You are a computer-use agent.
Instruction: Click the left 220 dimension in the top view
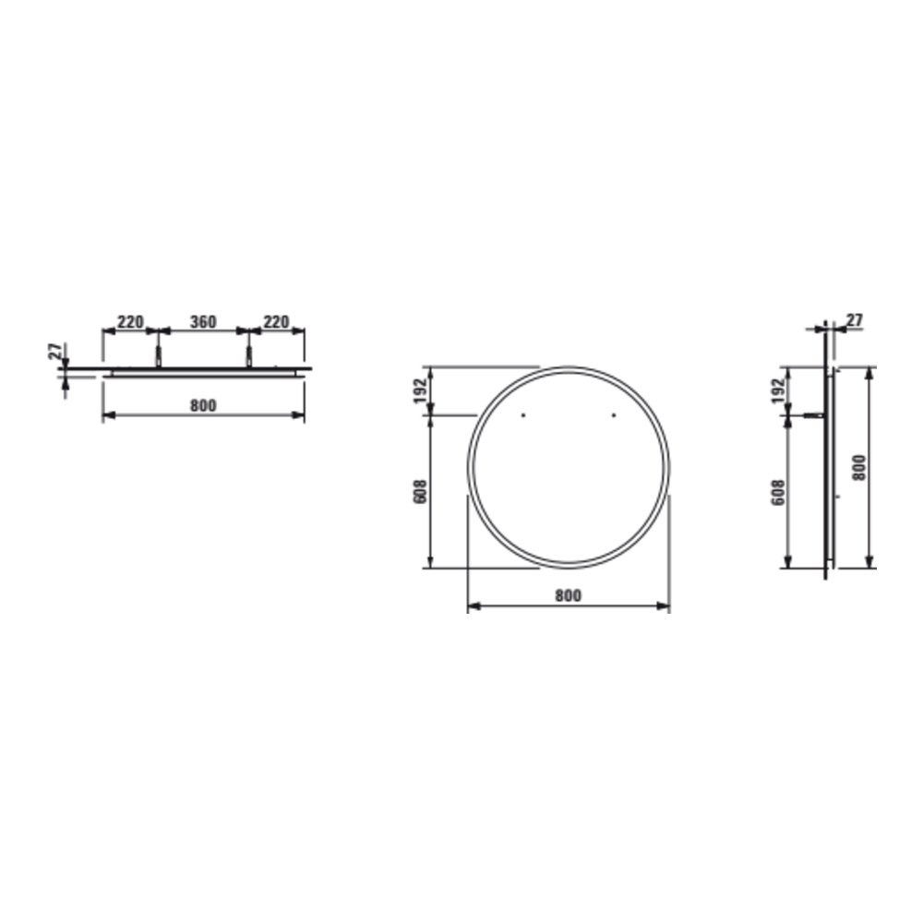tap(130, 322)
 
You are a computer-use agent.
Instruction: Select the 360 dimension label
tap(203, 322)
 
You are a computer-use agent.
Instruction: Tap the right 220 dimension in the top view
tap(275, 322)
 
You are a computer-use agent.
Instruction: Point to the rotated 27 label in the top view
tap(54, 352)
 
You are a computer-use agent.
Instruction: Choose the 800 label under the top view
tap(203, 405)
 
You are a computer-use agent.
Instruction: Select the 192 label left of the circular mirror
tap(420, 390)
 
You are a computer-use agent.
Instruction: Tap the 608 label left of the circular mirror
tap(420, 492)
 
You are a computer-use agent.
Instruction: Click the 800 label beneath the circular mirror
tap(568, 595)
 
